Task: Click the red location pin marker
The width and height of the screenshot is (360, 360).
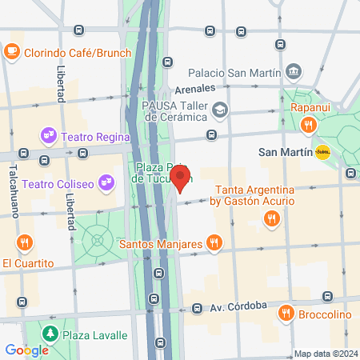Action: click(181, 176)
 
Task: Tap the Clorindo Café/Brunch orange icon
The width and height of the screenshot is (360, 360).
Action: click(11, 51)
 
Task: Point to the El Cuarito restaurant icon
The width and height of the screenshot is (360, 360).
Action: click(26, 242)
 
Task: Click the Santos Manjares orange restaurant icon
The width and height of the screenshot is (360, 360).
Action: click(213, 241)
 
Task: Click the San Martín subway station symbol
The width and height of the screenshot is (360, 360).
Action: click(322, 151)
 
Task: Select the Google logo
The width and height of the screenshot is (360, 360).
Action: click(26, 350)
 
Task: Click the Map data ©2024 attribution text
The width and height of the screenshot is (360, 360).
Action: click(325, 354)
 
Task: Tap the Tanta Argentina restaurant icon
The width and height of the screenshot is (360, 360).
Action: click(273, 218)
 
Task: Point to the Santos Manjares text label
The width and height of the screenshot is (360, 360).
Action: click(161, 241)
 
